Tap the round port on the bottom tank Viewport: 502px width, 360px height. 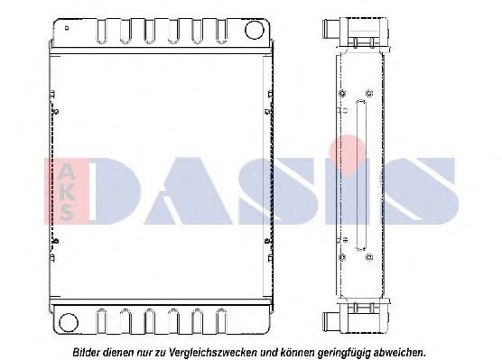click(65, 319)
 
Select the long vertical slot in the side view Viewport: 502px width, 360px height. click(359, 177)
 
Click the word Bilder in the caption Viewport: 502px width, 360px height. click(88, 350)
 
